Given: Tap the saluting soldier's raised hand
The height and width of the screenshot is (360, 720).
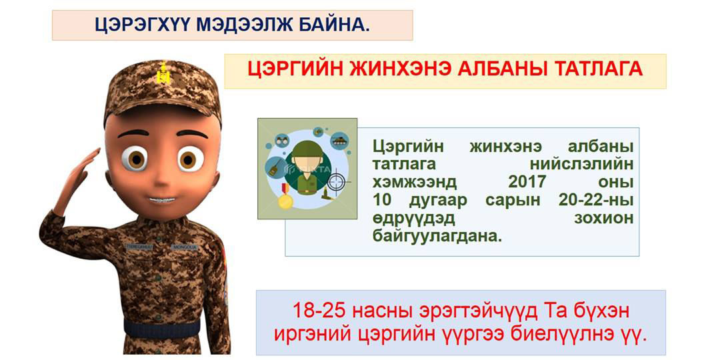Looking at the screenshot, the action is point(82,171).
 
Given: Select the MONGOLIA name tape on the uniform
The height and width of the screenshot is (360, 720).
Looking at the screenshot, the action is point(185,247).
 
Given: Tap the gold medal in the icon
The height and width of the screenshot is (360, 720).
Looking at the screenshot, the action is point(285,200).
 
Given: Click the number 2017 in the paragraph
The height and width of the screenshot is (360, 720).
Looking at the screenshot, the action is point(527,182).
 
